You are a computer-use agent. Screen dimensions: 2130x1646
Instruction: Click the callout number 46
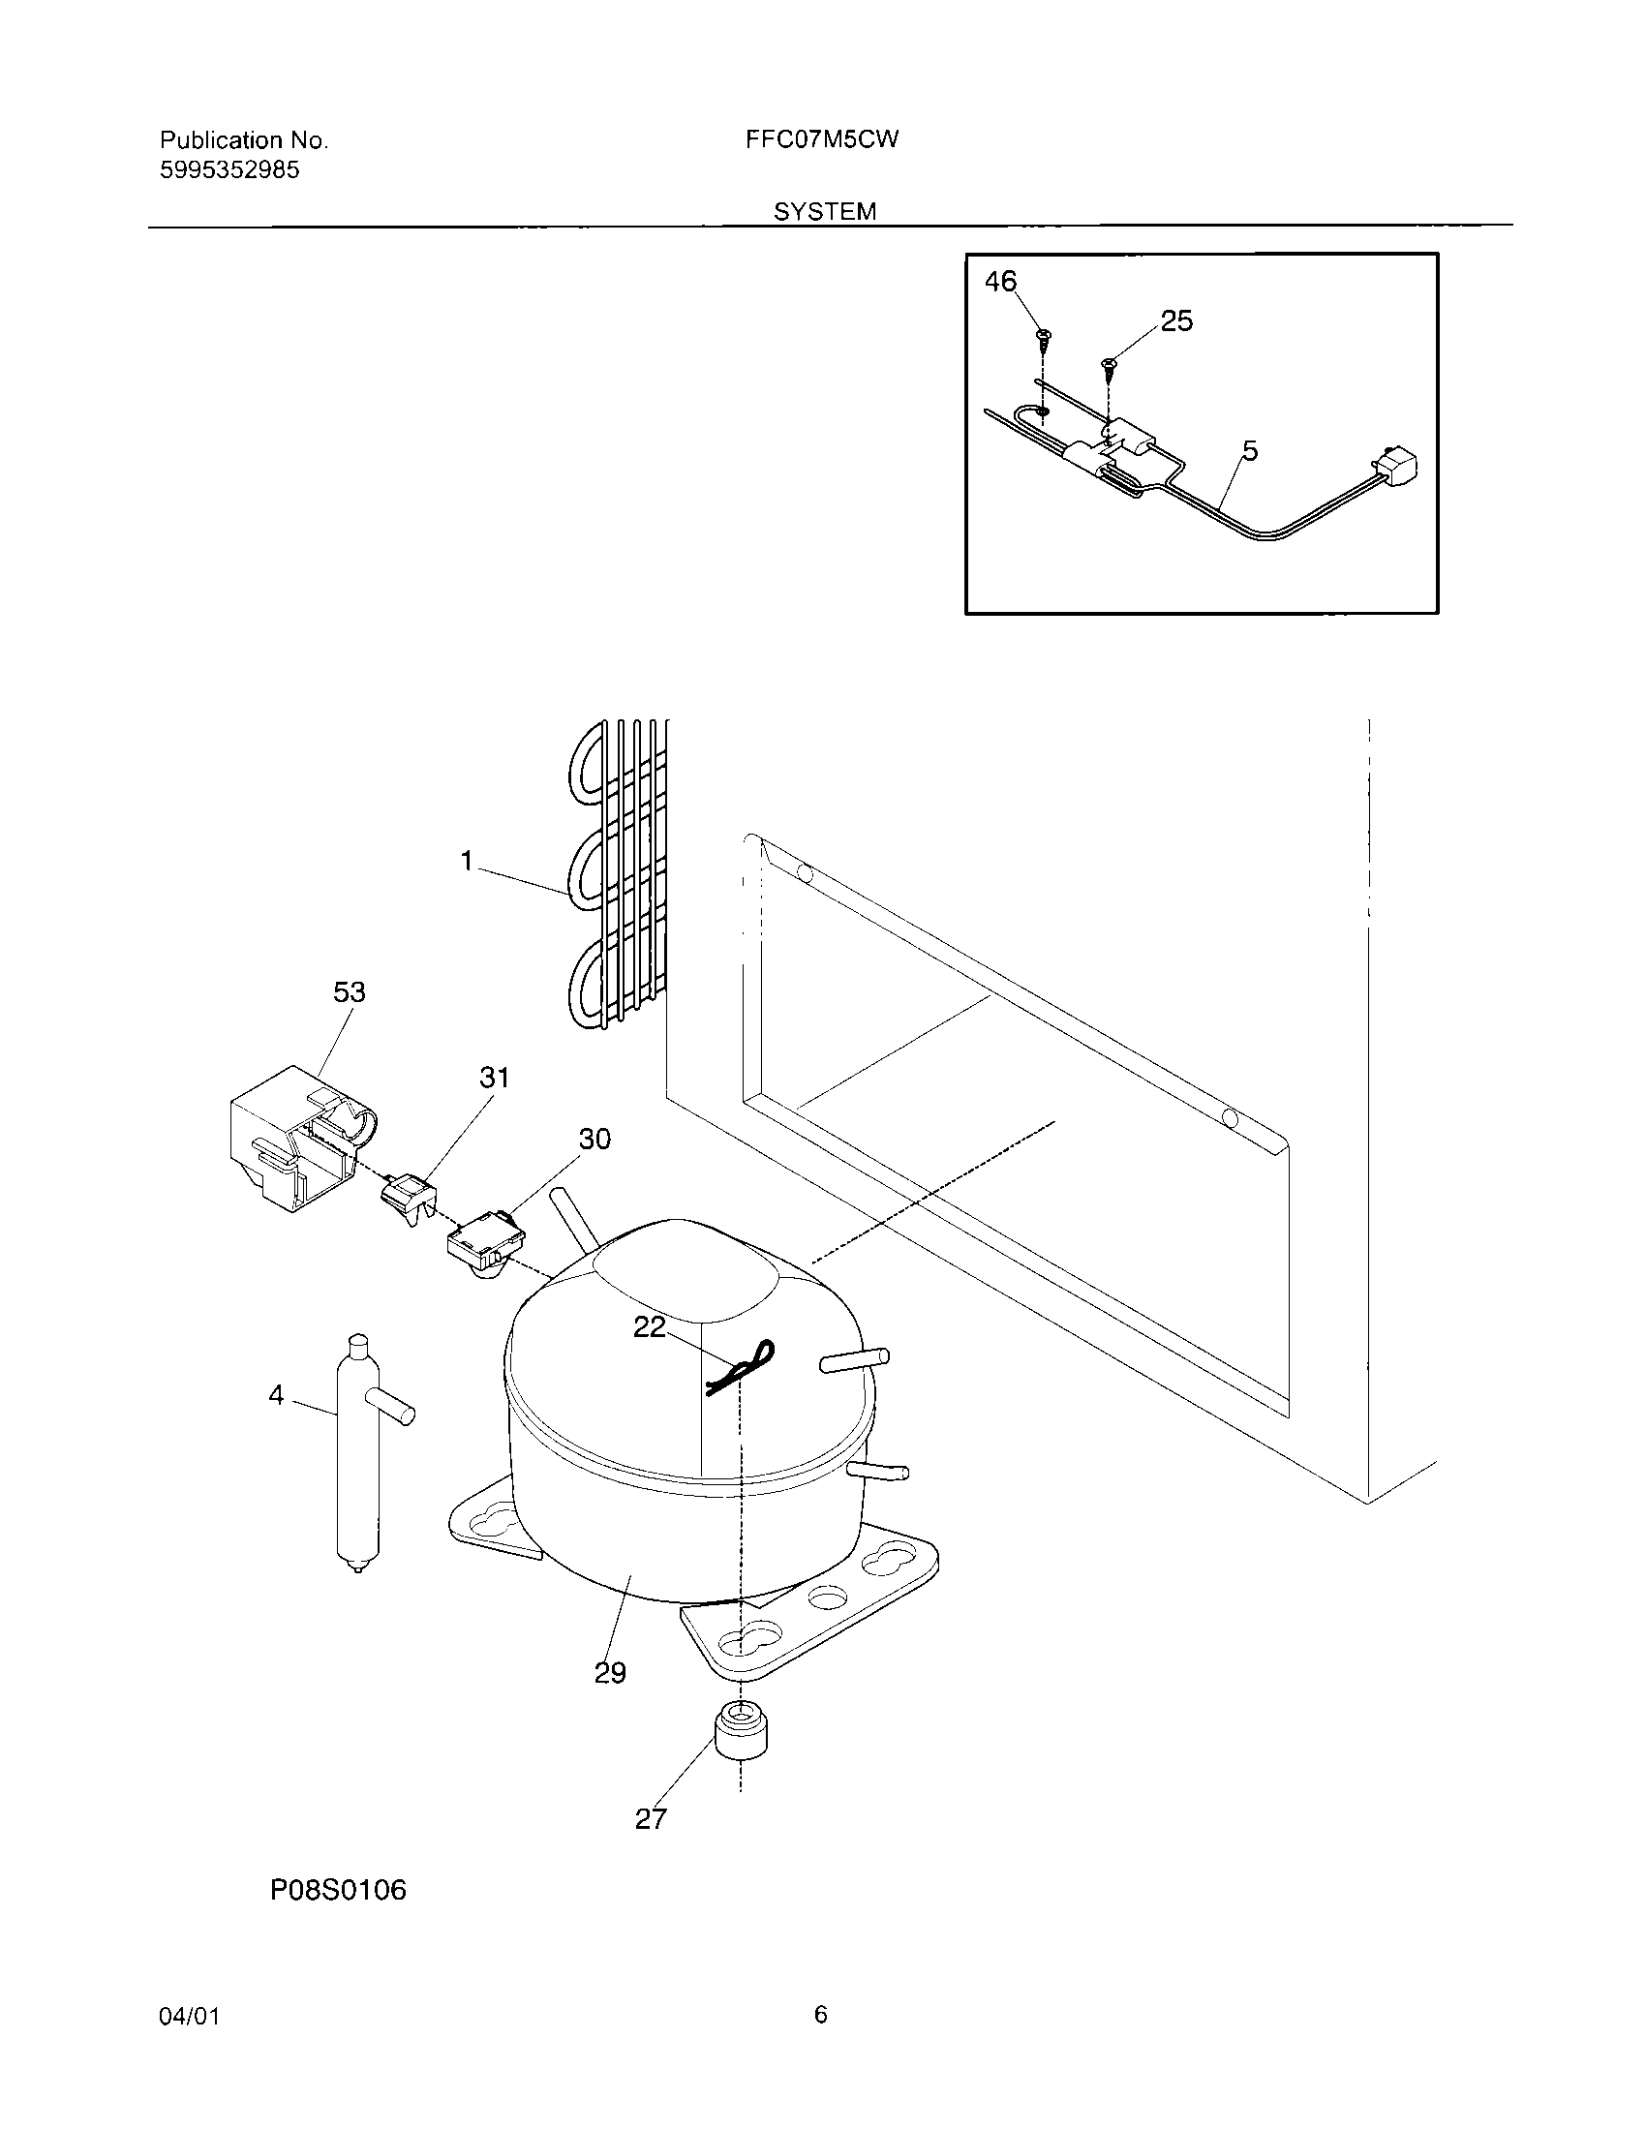click(1000, 282)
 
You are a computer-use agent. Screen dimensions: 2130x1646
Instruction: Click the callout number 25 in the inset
click(1176, 320)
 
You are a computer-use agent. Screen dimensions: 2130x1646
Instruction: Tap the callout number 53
click(350, 991)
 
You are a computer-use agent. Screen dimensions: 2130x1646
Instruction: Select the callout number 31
click(495, 1078)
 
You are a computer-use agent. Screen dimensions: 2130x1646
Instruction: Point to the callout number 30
click(594, 1140)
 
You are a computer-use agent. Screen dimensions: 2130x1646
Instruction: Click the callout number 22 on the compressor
click(650, 1326)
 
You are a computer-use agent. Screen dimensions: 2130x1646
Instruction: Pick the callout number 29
click(610, 1674)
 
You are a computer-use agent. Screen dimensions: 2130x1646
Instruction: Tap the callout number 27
click(651, 1819)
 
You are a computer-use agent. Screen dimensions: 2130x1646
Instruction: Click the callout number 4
click(276, 1396)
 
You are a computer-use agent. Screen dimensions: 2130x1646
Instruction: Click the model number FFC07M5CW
click(821, 139)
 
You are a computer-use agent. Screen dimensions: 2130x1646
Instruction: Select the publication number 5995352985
click(229, 170)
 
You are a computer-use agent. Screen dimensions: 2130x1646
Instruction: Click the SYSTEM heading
click(825, 212)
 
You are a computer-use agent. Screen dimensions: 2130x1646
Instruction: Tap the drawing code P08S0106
click(337, 1891)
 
